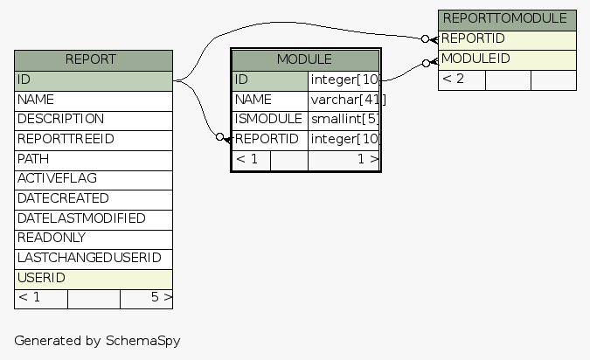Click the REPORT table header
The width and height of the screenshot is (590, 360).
click(x=93, y=59)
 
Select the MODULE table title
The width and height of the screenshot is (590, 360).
click(x=304, y=59)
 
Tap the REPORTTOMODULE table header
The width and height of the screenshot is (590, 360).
click(x=507, y=18)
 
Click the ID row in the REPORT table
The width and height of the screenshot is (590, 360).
click(x=93, y=80)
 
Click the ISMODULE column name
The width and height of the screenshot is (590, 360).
click(x=268, y=119)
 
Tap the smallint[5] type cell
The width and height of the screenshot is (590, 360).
click(x=344, y=119)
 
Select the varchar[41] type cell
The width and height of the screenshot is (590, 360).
click(x=344, y=100)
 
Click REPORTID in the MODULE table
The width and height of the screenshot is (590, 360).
click(x=268, y=139)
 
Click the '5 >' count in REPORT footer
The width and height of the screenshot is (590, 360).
click(x=160, y=298)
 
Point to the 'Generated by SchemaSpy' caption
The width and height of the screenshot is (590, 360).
click(x=97, y=340)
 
